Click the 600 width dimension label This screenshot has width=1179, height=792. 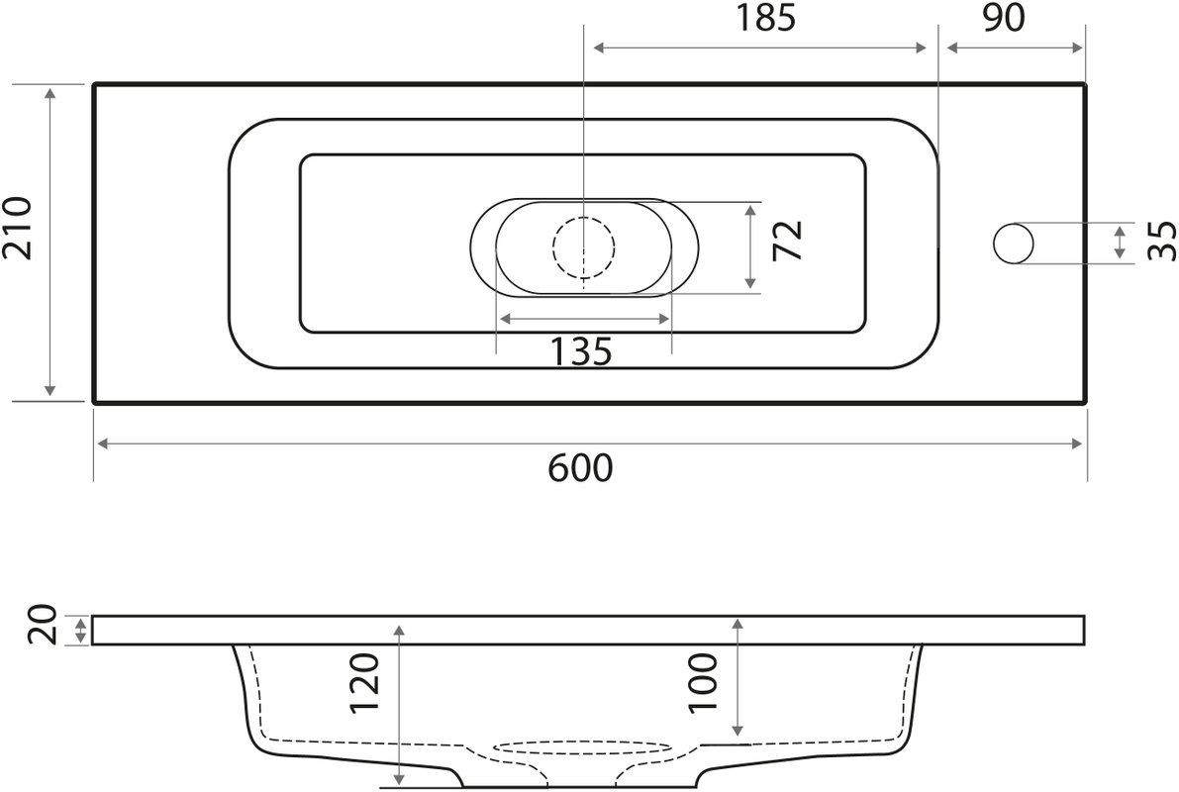point(580,468)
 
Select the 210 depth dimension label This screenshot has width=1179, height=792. point(17,229)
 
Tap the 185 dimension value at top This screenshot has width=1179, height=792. point(764,18)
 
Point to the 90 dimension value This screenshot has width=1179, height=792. point(1003,18)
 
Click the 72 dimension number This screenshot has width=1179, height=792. point(788,240)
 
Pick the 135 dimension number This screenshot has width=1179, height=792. point(581,351)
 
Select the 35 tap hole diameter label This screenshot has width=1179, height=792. point(1162,241)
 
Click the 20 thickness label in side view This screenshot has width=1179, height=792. point(42,625)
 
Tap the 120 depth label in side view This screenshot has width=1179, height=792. point(365,684)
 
